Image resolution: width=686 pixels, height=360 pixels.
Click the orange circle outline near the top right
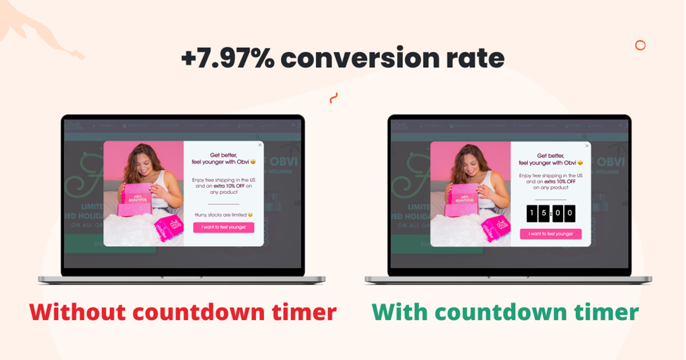tap(640, 45)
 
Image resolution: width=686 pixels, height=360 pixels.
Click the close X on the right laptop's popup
tap(587, 146)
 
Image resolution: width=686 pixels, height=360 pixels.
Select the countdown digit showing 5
tap(544, 213)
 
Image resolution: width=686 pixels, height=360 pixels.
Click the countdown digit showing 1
tap(531, 213)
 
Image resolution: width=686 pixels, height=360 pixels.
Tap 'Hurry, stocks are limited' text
tap(221, 215)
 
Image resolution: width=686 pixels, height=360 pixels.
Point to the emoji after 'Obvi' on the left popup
tap(253, 162)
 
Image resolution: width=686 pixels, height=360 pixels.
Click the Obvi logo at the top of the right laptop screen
tap(399, 126)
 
